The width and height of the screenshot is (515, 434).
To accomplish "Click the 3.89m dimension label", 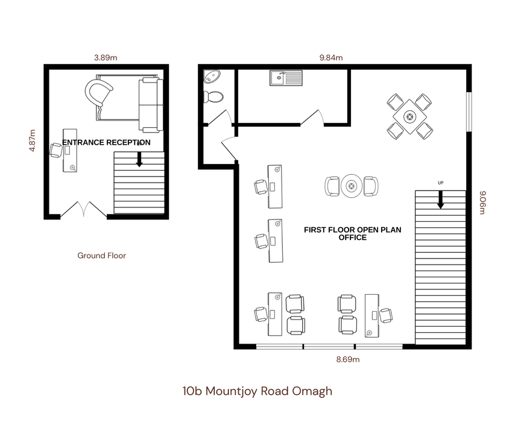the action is pos(106,58).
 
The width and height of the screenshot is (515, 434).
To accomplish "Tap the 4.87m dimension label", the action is pos(32,140).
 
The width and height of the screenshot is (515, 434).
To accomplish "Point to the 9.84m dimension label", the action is pos(331,58).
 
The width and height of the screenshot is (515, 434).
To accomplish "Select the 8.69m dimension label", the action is pos(348,359).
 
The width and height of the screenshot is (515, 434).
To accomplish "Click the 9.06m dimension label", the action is pos(482,203).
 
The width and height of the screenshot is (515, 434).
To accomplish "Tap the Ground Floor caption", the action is pos(101,256).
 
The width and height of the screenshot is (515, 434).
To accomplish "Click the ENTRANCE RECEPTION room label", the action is pos(106,142).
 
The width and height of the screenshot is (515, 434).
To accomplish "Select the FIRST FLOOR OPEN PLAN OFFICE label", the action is pos(352,233).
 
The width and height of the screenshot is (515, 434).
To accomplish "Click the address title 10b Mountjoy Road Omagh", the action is pos(257,391).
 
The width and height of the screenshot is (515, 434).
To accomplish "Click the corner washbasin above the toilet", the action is pos(211,77).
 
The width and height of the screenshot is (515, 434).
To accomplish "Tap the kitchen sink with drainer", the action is pos(286,78).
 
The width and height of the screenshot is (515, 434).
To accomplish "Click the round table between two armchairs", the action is pos(352,186).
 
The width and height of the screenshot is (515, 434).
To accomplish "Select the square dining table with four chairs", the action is pos(409,116).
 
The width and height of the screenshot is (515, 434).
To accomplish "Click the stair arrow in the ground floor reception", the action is pos(139,159).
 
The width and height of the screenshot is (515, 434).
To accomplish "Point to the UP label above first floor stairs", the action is pos(440,183).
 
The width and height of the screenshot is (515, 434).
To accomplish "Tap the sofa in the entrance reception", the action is pos(151,105).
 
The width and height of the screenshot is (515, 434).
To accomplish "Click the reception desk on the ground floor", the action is pos(70,150).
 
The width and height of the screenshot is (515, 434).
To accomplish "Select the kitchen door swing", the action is pos(312,118).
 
